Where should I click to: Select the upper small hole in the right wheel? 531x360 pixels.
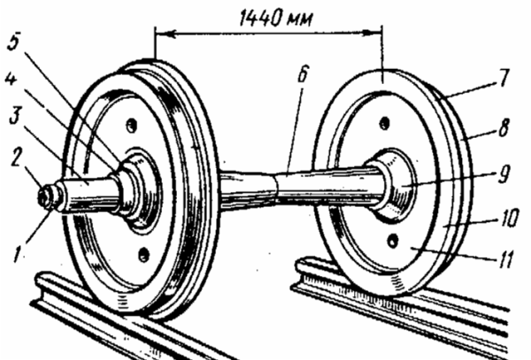pos(384,123)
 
